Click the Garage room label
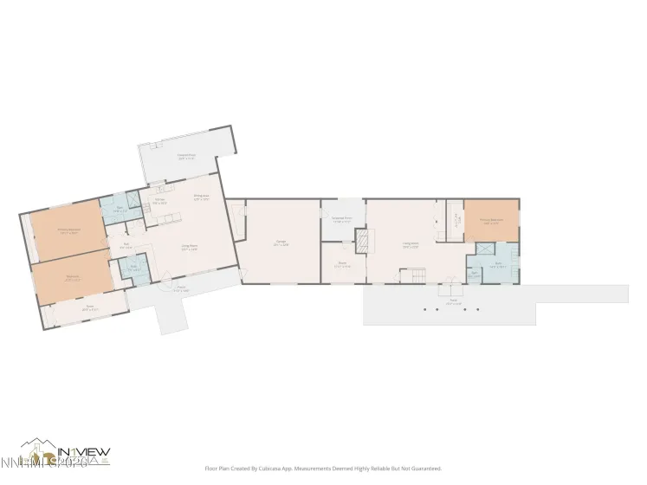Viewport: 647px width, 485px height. point(281,243)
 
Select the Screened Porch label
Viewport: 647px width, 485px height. point(342,218)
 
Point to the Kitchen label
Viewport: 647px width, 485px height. point(160,202)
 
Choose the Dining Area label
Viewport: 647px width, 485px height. point(199,198)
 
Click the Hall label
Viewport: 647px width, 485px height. point(126,244)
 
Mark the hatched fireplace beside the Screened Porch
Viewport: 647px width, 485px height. point(363,240)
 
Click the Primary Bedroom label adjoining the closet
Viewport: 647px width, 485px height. point(491,221)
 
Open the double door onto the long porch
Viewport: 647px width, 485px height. point(450,287)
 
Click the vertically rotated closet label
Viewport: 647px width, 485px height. point(456,222)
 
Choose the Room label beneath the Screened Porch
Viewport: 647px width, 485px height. point(342,266)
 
